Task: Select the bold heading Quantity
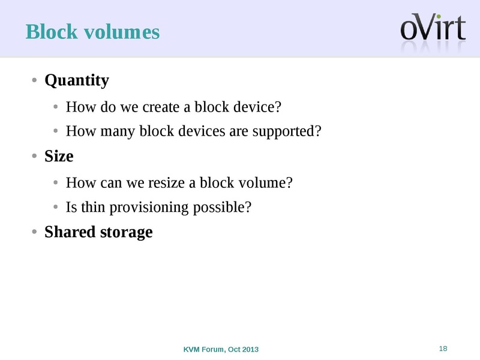pos(77,80)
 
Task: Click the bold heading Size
pos(59,157)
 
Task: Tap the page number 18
pos(444,349)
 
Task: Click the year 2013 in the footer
pos(251,349)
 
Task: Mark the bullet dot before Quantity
pos(35,80)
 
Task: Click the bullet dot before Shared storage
pos(35,232)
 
